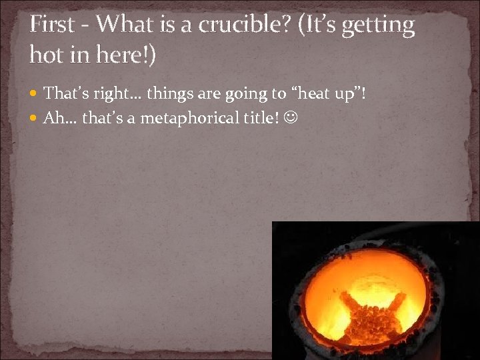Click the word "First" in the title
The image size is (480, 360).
point(52,25)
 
